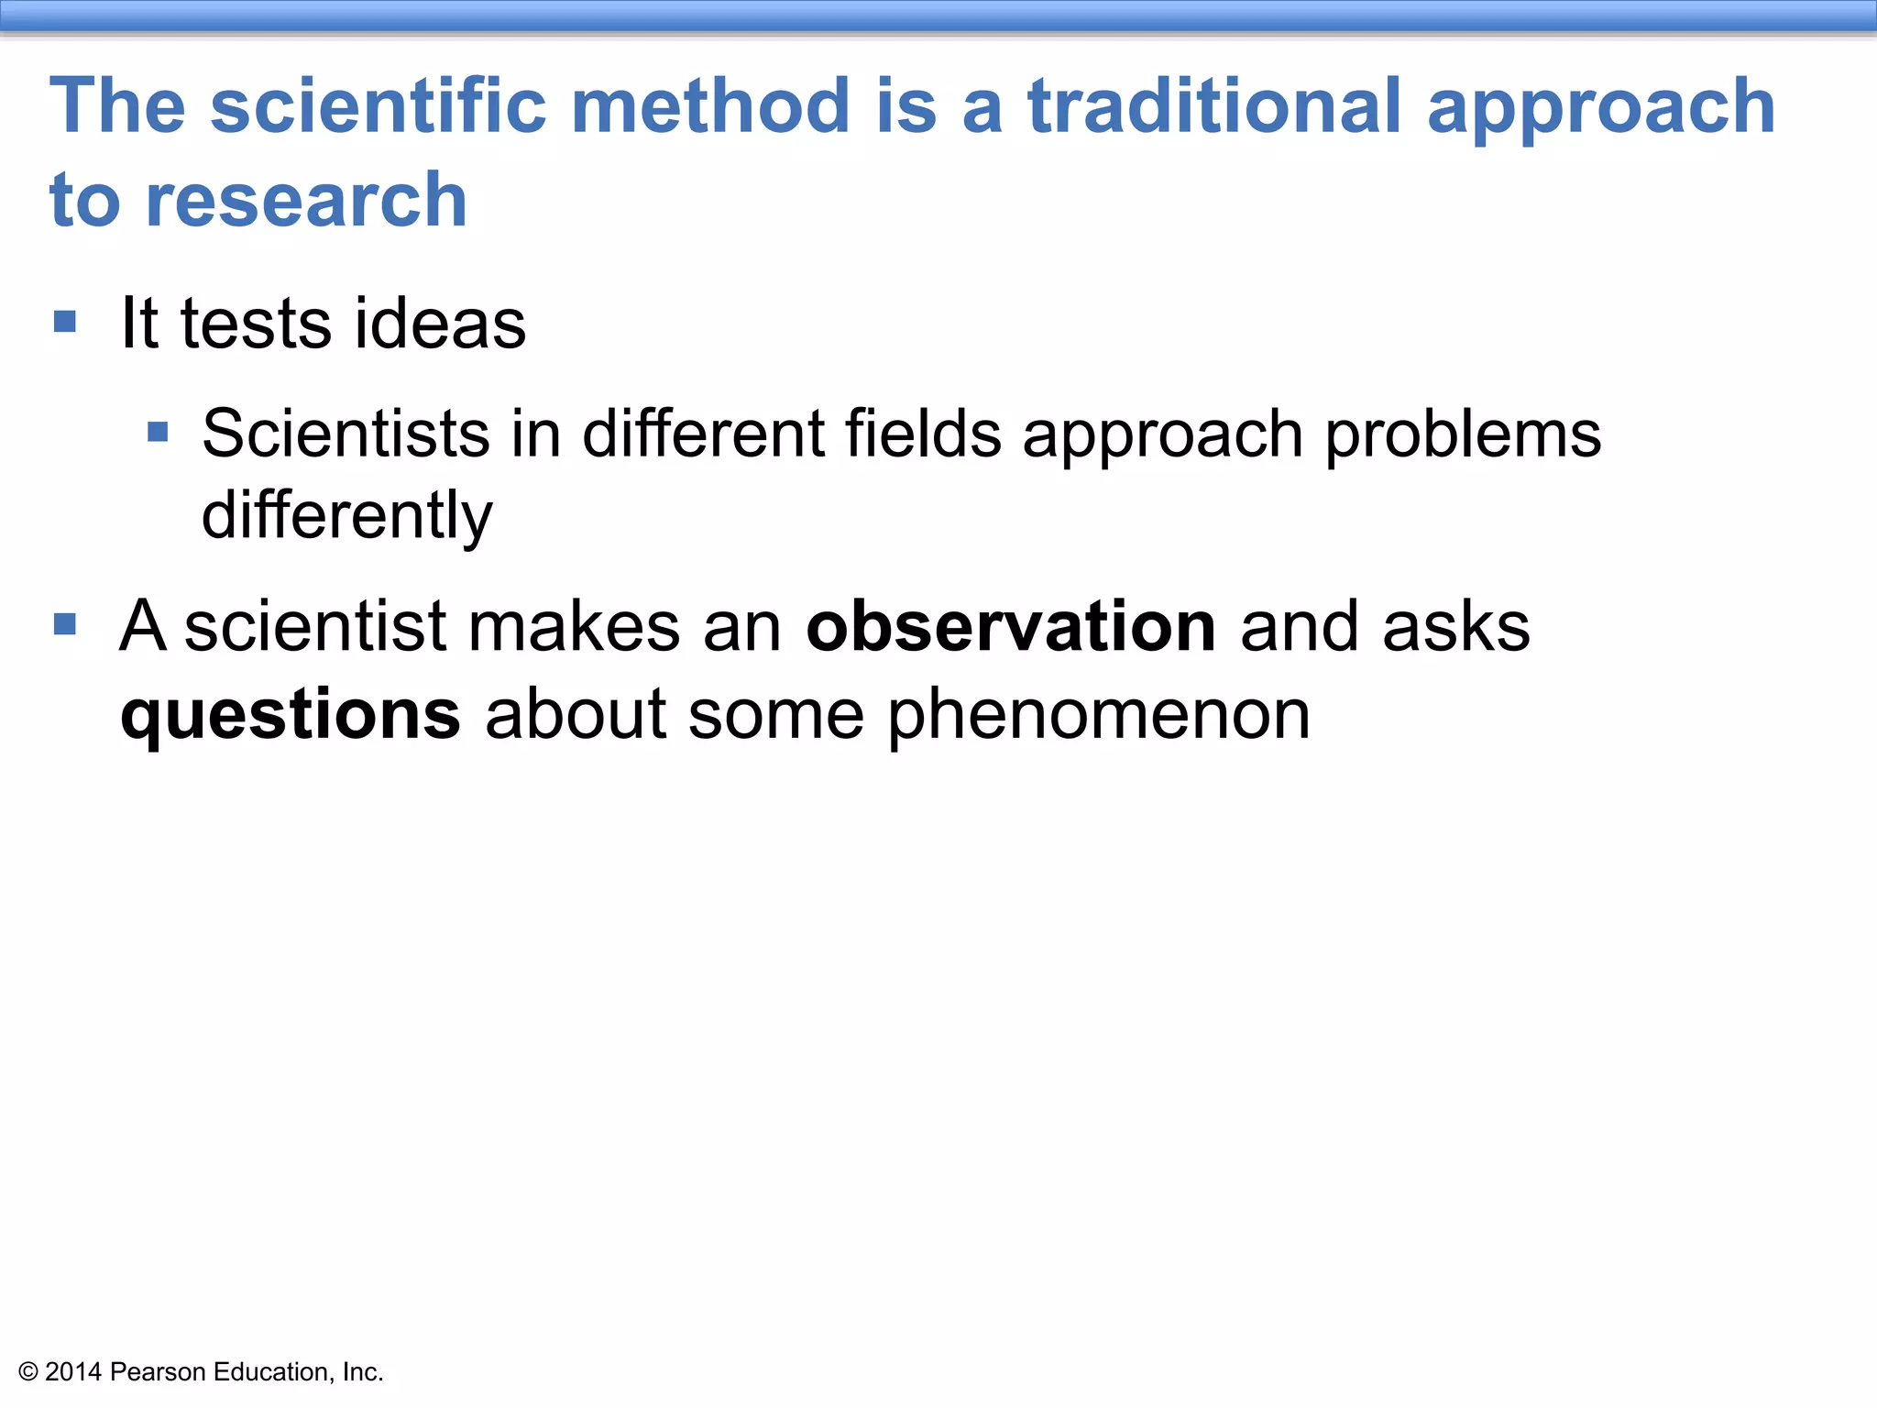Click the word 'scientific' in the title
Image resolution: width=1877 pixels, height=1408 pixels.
[378, 106]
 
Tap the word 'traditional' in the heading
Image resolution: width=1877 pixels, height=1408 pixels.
[1215, 106]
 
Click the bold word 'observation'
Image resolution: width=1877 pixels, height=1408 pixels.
[1011, 627]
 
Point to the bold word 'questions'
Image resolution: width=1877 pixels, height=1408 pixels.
[291, 716]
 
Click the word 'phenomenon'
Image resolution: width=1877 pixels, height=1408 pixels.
[1099, 715]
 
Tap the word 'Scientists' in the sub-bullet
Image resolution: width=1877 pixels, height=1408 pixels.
[346, 434]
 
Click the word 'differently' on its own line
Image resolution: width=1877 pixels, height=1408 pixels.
[346, 516]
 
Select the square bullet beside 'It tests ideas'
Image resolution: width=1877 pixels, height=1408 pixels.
[65, 322]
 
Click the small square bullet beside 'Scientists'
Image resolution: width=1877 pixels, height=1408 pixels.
[158, 432]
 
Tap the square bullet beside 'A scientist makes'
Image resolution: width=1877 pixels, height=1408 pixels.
[65, 625]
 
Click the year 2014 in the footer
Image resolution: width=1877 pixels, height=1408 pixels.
[72, 1372]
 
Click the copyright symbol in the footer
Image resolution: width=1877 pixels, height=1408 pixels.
[28, 1372]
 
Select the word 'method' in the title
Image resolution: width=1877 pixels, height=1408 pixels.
[711, 106]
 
